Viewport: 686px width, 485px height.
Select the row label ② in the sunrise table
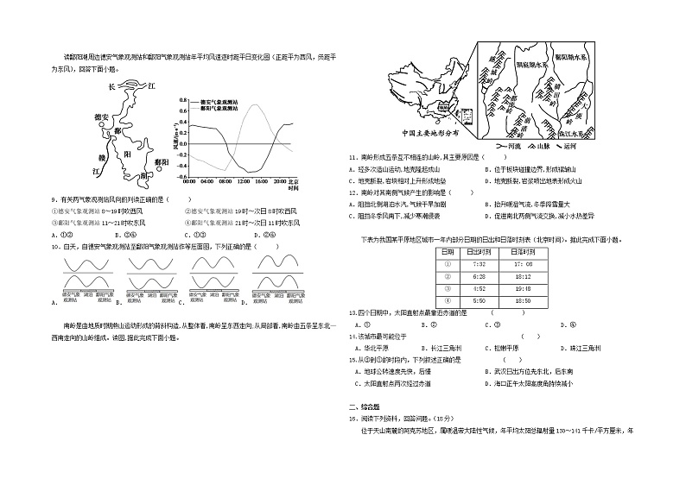[447, 276]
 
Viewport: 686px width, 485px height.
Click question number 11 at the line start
[353, 158]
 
